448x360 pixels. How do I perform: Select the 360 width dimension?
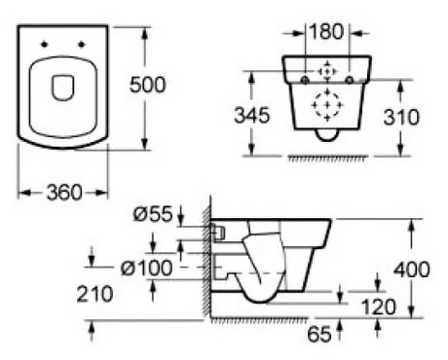click(63, 192)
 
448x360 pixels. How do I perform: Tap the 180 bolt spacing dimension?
click(325, 31)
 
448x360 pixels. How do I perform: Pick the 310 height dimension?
click(399, 118)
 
